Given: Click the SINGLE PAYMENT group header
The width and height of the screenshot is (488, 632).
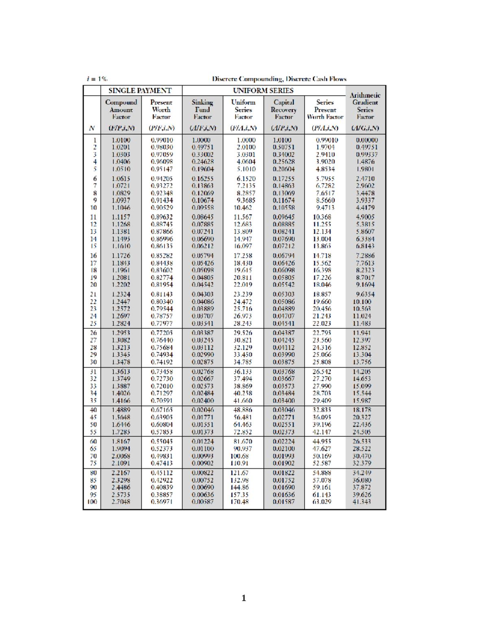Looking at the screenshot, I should (139, 91).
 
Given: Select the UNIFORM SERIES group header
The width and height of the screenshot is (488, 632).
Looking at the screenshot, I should (263, 91).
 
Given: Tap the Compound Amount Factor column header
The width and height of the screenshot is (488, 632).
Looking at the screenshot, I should (121, 109).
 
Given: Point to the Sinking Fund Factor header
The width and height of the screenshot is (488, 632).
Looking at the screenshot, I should (203, 109).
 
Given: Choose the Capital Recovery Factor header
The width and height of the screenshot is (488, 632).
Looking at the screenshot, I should (284, 109).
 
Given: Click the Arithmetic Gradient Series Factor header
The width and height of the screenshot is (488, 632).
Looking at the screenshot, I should (365, 106).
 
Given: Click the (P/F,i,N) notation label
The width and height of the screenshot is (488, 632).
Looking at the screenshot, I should (161, 128).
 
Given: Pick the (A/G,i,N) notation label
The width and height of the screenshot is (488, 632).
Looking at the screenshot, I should (365, 128).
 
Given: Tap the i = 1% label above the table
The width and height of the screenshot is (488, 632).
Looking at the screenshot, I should (97, 79).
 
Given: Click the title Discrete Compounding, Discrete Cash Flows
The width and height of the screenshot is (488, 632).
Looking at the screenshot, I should (279, 79).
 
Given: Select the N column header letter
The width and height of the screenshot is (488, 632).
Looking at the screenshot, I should (92, 128).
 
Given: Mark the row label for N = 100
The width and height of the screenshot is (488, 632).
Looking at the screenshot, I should (92, 502).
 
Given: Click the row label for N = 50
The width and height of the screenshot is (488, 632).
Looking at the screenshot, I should (94, 425).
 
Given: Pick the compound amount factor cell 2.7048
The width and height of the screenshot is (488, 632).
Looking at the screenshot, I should (121, 502).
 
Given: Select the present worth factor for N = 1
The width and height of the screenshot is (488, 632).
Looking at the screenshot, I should (162, 140).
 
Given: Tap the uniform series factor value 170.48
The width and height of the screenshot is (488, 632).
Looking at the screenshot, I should (240, 502).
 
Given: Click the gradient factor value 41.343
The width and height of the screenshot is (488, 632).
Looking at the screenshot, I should (362, 502).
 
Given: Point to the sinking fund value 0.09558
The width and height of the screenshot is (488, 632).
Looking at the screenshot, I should (203, 208).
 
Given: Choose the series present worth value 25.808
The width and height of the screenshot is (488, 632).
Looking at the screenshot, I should (322, 362).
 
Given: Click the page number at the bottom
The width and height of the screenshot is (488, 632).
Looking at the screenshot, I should (244, 598).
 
